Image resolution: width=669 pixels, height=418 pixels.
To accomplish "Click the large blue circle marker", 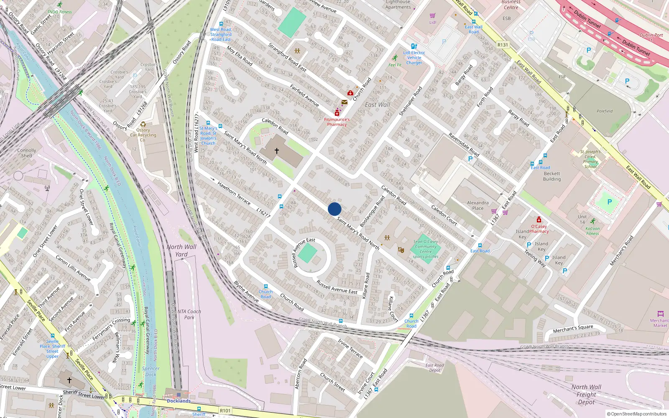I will tap(334, 209).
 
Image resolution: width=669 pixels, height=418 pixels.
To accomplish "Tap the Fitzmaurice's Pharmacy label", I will tap(337, 122).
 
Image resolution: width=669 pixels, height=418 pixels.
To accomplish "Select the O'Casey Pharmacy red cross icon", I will tap(539, 220).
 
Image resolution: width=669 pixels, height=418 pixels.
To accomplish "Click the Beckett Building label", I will tap(552, 176).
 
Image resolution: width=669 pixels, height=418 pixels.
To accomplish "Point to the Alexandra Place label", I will tap(477, 205).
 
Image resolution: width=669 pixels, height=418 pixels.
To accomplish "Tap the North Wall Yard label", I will tap(181, 250).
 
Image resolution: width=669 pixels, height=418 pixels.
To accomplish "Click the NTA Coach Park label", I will tap(189, 314).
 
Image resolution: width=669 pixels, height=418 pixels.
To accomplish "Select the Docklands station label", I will tap(179, 401).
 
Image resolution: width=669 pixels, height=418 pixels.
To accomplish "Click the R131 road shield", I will tap(503, 45).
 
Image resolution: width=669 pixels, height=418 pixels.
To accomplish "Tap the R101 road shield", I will tap(225, 410).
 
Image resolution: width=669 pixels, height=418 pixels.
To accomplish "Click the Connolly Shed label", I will tap(27, 153).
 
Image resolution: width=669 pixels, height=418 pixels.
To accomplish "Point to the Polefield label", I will tap(605, 111).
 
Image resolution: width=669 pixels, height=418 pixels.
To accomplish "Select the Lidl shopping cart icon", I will tap(433, 16).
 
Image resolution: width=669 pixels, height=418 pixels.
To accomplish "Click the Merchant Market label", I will tap(660, 323).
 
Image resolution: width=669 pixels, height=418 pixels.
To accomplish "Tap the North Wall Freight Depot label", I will tap(586, 395).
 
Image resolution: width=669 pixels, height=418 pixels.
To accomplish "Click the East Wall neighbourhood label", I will tap(378, 104).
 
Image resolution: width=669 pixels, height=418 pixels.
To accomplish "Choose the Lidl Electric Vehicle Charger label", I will tap(414, 58).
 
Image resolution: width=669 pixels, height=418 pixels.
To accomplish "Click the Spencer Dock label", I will tap(151, 372).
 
